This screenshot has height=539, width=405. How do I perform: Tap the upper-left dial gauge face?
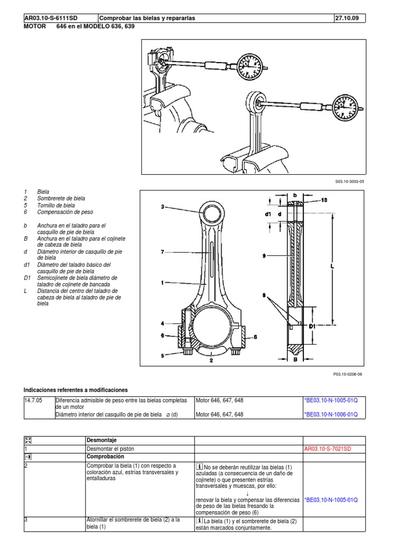click(x=248, y=66)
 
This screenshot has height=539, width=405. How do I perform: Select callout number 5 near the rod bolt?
click(x=163, y=356)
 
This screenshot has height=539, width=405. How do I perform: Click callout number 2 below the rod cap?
click(x=210, y=361)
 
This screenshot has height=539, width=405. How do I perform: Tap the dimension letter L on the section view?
click(x=332, y=267)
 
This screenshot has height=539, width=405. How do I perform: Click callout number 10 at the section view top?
click(x=324, y=200)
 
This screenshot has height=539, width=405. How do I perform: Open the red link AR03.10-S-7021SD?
click(x=327, y=448)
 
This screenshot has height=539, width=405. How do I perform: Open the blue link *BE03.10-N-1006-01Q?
click(x=331, y=414)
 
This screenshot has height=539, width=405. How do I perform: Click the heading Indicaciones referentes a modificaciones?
click(x=75, y=390)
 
